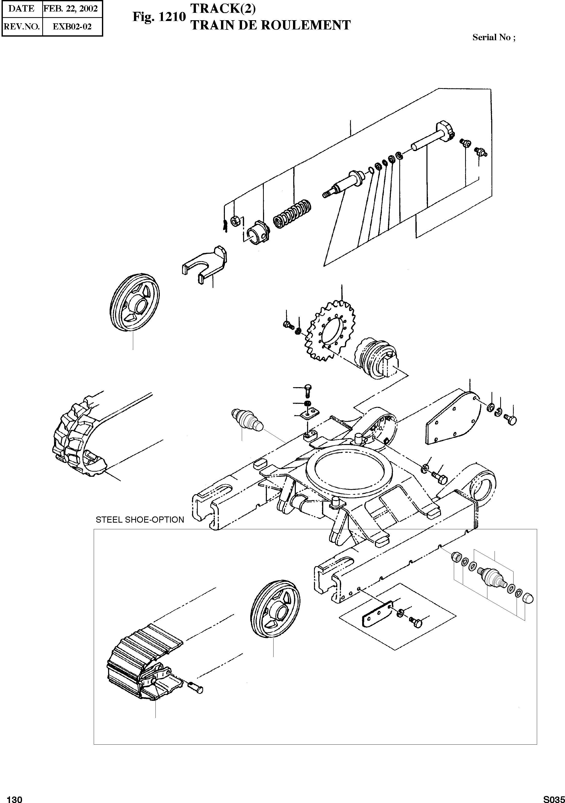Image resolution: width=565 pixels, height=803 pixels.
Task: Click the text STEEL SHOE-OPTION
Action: (140, 520)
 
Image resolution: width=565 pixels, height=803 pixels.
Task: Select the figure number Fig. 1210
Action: (159, 16)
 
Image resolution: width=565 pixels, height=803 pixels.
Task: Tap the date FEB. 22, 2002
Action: (70, 8)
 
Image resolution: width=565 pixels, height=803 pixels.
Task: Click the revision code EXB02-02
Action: (72, 27)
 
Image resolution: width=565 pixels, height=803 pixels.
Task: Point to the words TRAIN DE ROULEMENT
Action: (270, 25)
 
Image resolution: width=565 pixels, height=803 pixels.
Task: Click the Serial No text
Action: (494, 37)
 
